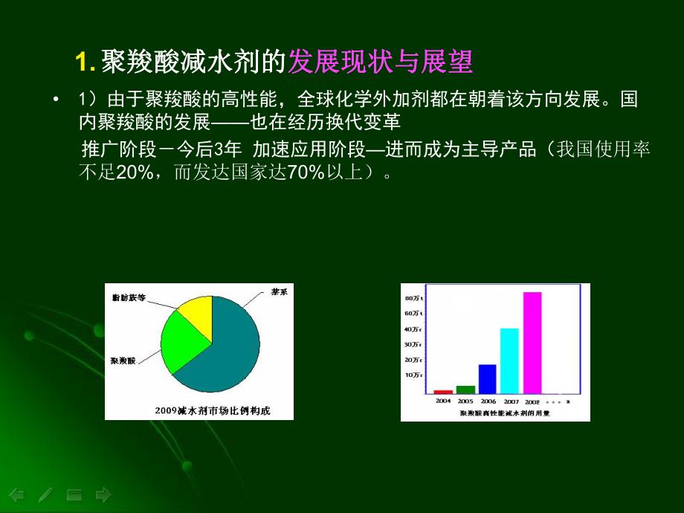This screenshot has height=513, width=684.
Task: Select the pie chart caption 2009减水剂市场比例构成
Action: point(199,410)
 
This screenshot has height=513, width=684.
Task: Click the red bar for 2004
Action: point(443,391)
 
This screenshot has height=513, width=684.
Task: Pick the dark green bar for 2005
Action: point(465,389)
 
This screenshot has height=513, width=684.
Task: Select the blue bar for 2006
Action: point(487,378)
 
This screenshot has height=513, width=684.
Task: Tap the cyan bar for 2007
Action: point(509,361)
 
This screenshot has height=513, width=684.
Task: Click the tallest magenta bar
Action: point(532,343)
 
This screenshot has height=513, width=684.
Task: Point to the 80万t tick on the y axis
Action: point(413,298)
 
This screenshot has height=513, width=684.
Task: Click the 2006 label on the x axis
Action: point(487,401)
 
